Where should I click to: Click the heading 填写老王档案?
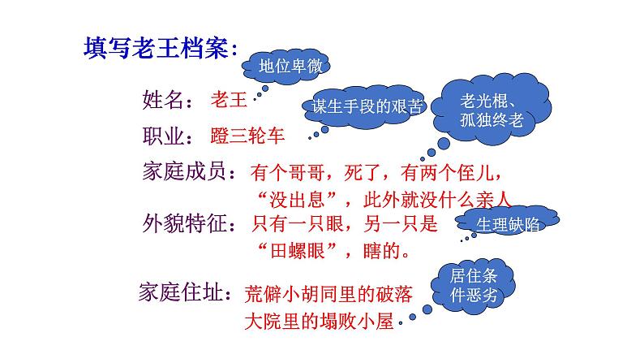158,48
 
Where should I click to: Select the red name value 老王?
228,100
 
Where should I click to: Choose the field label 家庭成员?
187,171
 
